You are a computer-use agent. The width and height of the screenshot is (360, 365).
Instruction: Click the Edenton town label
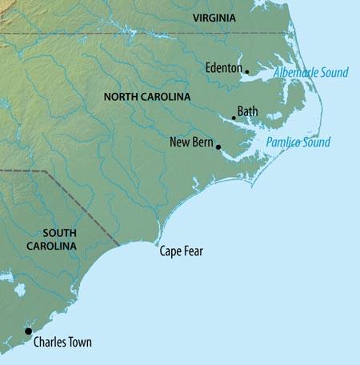coord(223,68)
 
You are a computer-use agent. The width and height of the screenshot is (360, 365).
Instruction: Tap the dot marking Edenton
coord(246,72)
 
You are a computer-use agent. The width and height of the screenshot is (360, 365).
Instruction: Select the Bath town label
coord(247,112)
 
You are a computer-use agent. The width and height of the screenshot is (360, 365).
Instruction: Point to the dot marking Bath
coord(234,118)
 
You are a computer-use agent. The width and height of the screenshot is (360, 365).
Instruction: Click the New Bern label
coord(190,142)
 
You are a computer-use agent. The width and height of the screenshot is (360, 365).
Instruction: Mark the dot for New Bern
coord(218,147)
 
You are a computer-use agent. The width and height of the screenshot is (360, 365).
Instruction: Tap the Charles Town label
coord(62,343)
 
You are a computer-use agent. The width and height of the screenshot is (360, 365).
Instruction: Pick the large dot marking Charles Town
coord(28,331)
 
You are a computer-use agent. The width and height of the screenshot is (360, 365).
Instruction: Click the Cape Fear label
coord(181,251)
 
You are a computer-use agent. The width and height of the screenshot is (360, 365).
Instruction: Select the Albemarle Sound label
coord(311,73)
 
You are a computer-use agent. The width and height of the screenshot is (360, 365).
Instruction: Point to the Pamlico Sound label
coord(298,142)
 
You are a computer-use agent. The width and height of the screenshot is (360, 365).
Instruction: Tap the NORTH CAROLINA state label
coord(147,97)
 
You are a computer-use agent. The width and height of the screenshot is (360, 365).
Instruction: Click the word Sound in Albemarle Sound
coord(333,73)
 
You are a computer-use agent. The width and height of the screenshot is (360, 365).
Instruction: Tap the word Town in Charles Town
coord(78,343)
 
